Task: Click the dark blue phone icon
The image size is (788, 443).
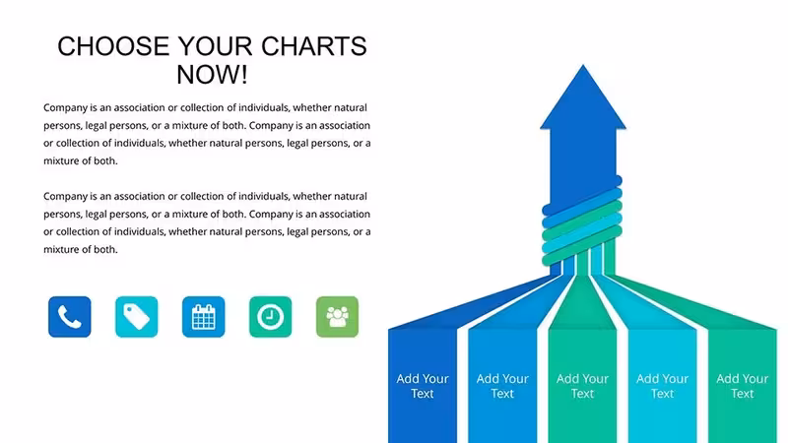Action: click(x=69, y=316)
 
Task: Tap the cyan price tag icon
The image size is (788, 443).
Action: click(x=136, y=316)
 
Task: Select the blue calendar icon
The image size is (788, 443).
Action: click(x=204, y=316)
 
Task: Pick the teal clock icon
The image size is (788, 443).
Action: click(x=270, y=316)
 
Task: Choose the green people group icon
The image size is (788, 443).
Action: click(x=337, y=316)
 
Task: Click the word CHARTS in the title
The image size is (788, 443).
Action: click(x=314, y=46)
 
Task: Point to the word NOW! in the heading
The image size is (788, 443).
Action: click(x=212, y=75)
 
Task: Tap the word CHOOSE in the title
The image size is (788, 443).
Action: click(x=113, y=46)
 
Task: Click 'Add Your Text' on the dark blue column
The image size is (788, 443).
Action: click(x=423, y=386)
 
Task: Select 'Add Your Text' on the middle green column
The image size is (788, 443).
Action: click(x=582, y=386)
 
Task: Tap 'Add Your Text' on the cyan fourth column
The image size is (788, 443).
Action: click(x=662, y=386)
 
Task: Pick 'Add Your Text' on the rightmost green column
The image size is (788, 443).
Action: click(x=743, y=386)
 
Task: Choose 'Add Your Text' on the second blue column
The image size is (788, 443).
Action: click(x=502, y=386)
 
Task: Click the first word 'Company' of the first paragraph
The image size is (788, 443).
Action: click(x=65, y=108)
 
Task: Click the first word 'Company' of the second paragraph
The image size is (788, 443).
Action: click(x=65, y=196)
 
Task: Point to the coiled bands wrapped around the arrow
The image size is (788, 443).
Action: click(x=582, y=221)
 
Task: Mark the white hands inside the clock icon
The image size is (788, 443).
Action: click(x=272, y=315)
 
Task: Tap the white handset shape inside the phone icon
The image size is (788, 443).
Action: click(x=69, y=317)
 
